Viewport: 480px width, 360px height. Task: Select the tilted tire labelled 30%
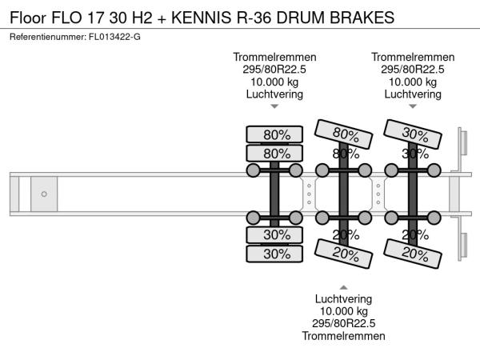(x=414, y=133)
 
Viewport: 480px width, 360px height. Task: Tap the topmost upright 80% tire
(x=274, y=134)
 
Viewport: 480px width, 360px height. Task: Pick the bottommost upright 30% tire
(x=274, y=254)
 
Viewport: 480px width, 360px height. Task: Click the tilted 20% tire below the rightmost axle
(x=414, y=253)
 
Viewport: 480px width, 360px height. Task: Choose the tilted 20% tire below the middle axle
(x=345, y=253)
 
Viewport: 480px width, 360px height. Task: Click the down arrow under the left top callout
(x=274, y=107)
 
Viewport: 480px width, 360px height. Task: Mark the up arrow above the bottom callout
(x=344, y=287)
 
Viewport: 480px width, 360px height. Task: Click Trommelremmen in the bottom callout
(x=344, y=337)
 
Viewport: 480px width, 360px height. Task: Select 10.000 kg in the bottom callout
(x=344, y=310)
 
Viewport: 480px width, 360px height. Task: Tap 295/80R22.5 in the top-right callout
(x=413, y=70)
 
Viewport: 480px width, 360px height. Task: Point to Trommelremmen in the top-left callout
(x=274, y=57)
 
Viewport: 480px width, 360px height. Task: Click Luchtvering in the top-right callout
(x=413, y=94)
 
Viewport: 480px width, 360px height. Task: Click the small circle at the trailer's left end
(x=44, y=194)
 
